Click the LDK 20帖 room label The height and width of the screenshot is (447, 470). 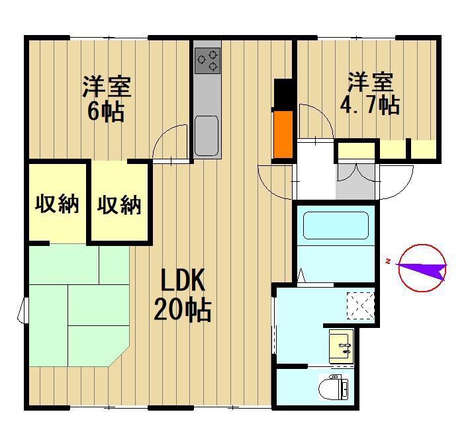pos(183,295)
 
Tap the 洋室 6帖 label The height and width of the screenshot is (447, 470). pos(107,99)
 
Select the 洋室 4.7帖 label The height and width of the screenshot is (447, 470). pos(370,93)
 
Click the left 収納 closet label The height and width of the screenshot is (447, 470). pos(57,204)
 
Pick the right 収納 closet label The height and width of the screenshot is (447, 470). pos(119,205)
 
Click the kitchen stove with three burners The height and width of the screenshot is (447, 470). pos(207,60)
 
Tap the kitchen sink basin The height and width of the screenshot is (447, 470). pos(207,136)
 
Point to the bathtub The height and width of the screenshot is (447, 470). pos(336,225)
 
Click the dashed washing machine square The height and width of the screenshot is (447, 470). pos(361,305)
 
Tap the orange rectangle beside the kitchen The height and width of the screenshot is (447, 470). pos(283,134)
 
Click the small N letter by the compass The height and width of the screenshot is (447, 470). pos(388,262)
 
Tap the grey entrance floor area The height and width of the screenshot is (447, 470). pos(355,181)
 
